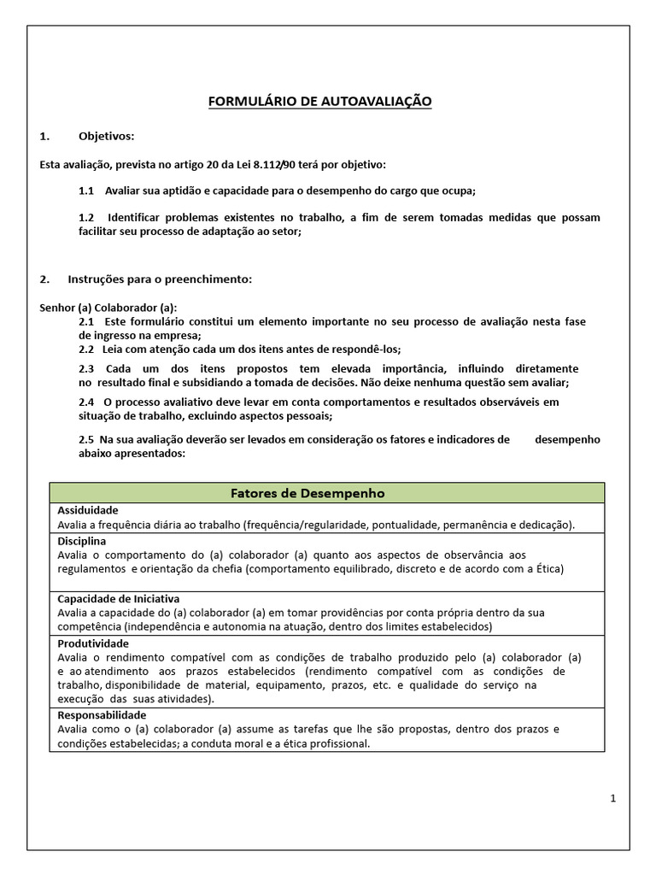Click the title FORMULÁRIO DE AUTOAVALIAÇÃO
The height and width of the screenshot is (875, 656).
pyautogui.click(x=320, y=102)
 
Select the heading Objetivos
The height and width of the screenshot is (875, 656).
pyautogui.click(x=106, y=136)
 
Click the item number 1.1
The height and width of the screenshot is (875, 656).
pyautogui.click(x=85, y=191)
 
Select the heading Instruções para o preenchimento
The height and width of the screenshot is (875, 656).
pyautogui.click(x=160, y=279)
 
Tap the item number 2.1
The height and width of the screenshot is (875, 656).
pyautogui.click(x=85, y=321)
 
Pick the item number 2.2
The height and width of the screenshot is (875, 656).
pyautogui.click(x=85, y=349)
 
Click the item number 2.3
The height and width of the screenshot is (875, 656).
pyautogui.click(x=85, y=368)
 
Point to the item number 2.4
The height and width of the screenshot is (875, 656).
pyautogui.click(x=85, y=402)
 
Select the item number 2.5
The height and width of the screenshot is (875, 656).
pyautogui.click(x=85, y=439)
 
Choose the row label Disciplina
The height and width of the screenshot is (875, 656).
pyautogui.click(x=82, y=541)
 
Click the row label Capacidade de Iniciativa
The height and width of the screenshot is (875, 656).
pyautogui.click(x=118, y=599)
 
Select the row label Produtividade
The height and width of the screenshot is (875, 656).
pyautogui.click(x=93, y=643)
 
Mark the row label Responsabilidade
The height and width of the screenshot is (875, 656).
pyautogui.click(x=102, y=715)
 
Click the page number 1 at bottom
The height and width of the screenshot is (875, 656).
pyautogui.click(x=613, y=798)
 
